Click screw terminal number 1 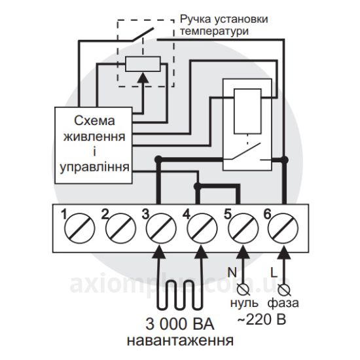pyautogui.click(x=79, y=228)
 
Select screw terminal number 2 pyautogui.click(x=120, y=228)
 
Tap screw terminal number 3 pyautogui.click(x=162, y=228)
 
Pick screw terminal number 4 pyautogui.click(x=202, y=228)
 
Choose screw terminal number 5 pyautogui.click(x=243, y=228)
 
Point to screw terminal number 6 pyautogui.click(x=283, y=228)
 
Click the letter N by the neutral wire pyautogui.click(x=232, y=272)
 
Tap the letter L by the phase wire pyautogui.click(x=274, y=273)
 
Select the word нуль pyautogui.click(x=244, y=303)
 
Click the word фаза pyautogui.click(x=283, y=302)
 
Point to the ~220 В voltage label pyautogui.click(x=262, y=319)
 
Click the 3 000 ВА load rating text pyautogui.click(x=180, y=324)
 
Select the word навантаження pyautogui.click(x=180, y=340)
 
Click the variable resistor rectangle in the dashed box pyautogui.click(x=143, y=64)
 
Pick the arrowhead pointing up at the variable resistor pyautogui.click(x=143, y=78)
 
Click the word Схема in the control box pyautogui.click(x=94, y=121)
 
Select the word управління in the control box pyautogui.click(x=94, y=168)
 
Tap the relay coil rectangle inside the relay pyautogui.click(x=247, y=111)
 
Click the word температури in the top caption pyautogui.click(x=214, y=31)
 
